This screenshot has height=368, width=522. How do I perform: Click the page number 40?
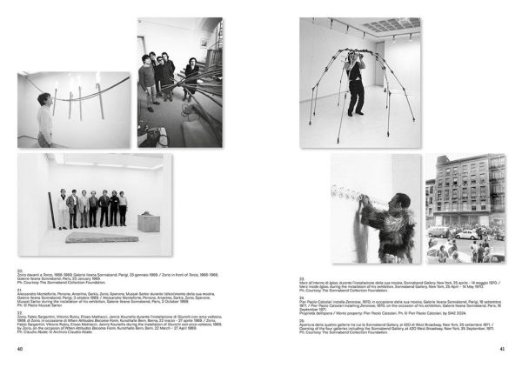pos(21,350)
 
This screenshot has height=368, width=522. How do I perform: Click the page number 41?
pos(501,350)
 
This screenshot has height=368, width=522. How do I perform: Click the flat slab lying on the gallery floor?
pos(102,237)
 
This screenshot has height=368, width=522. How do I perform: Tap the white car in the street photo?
pos(466,235)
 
